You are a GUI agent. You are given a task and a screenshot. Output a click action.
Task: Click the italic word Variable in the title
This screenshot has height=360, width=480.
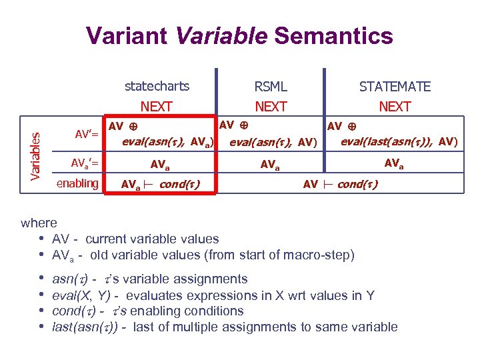click(221, 35)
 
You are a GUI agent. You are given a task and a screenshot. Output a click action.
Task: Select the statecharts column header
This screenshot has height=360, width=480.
click(157, 86)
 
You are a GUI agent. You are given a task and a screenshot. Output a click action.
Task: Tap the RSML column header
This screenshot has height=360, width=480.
click(271, 87)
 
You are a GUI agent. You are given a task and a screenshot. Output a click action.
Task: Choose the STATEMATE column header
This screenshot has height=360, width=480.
click(395, 87)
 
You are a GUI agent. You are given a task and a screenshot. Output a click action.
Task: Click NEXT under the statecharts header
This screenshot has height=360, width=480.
click(157, 107)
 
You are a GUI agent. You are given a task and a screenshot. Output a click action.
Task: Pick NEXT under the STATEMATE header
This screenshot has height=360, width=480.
click(395, 107)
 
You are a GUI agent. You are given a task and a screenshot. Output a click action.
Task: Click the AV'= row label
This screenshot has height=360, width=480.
click(87, 135)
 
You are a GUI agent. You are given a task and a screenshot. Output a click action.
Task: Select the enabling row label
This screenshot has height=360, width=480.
click(77, 183)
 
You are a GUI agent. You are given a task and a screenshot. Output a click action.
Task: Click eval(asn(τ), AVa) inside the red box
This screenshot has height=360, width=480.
click(167, 141)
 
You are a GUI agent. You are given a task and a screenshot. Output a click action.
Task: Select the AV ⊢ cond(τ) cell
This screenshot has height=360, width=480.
click(340, 184)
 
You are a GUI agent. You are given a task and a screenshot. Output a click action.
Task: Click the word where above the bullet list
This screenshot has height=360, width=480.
click(39, 223)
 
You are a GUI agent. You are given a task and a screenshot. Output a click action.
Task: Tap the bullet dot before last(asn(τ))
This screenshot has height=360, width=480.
click(43, 327)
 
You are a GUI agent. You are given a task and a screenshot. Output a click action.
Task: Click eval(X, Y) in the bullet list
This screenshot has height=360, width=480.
click(77, 295)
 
